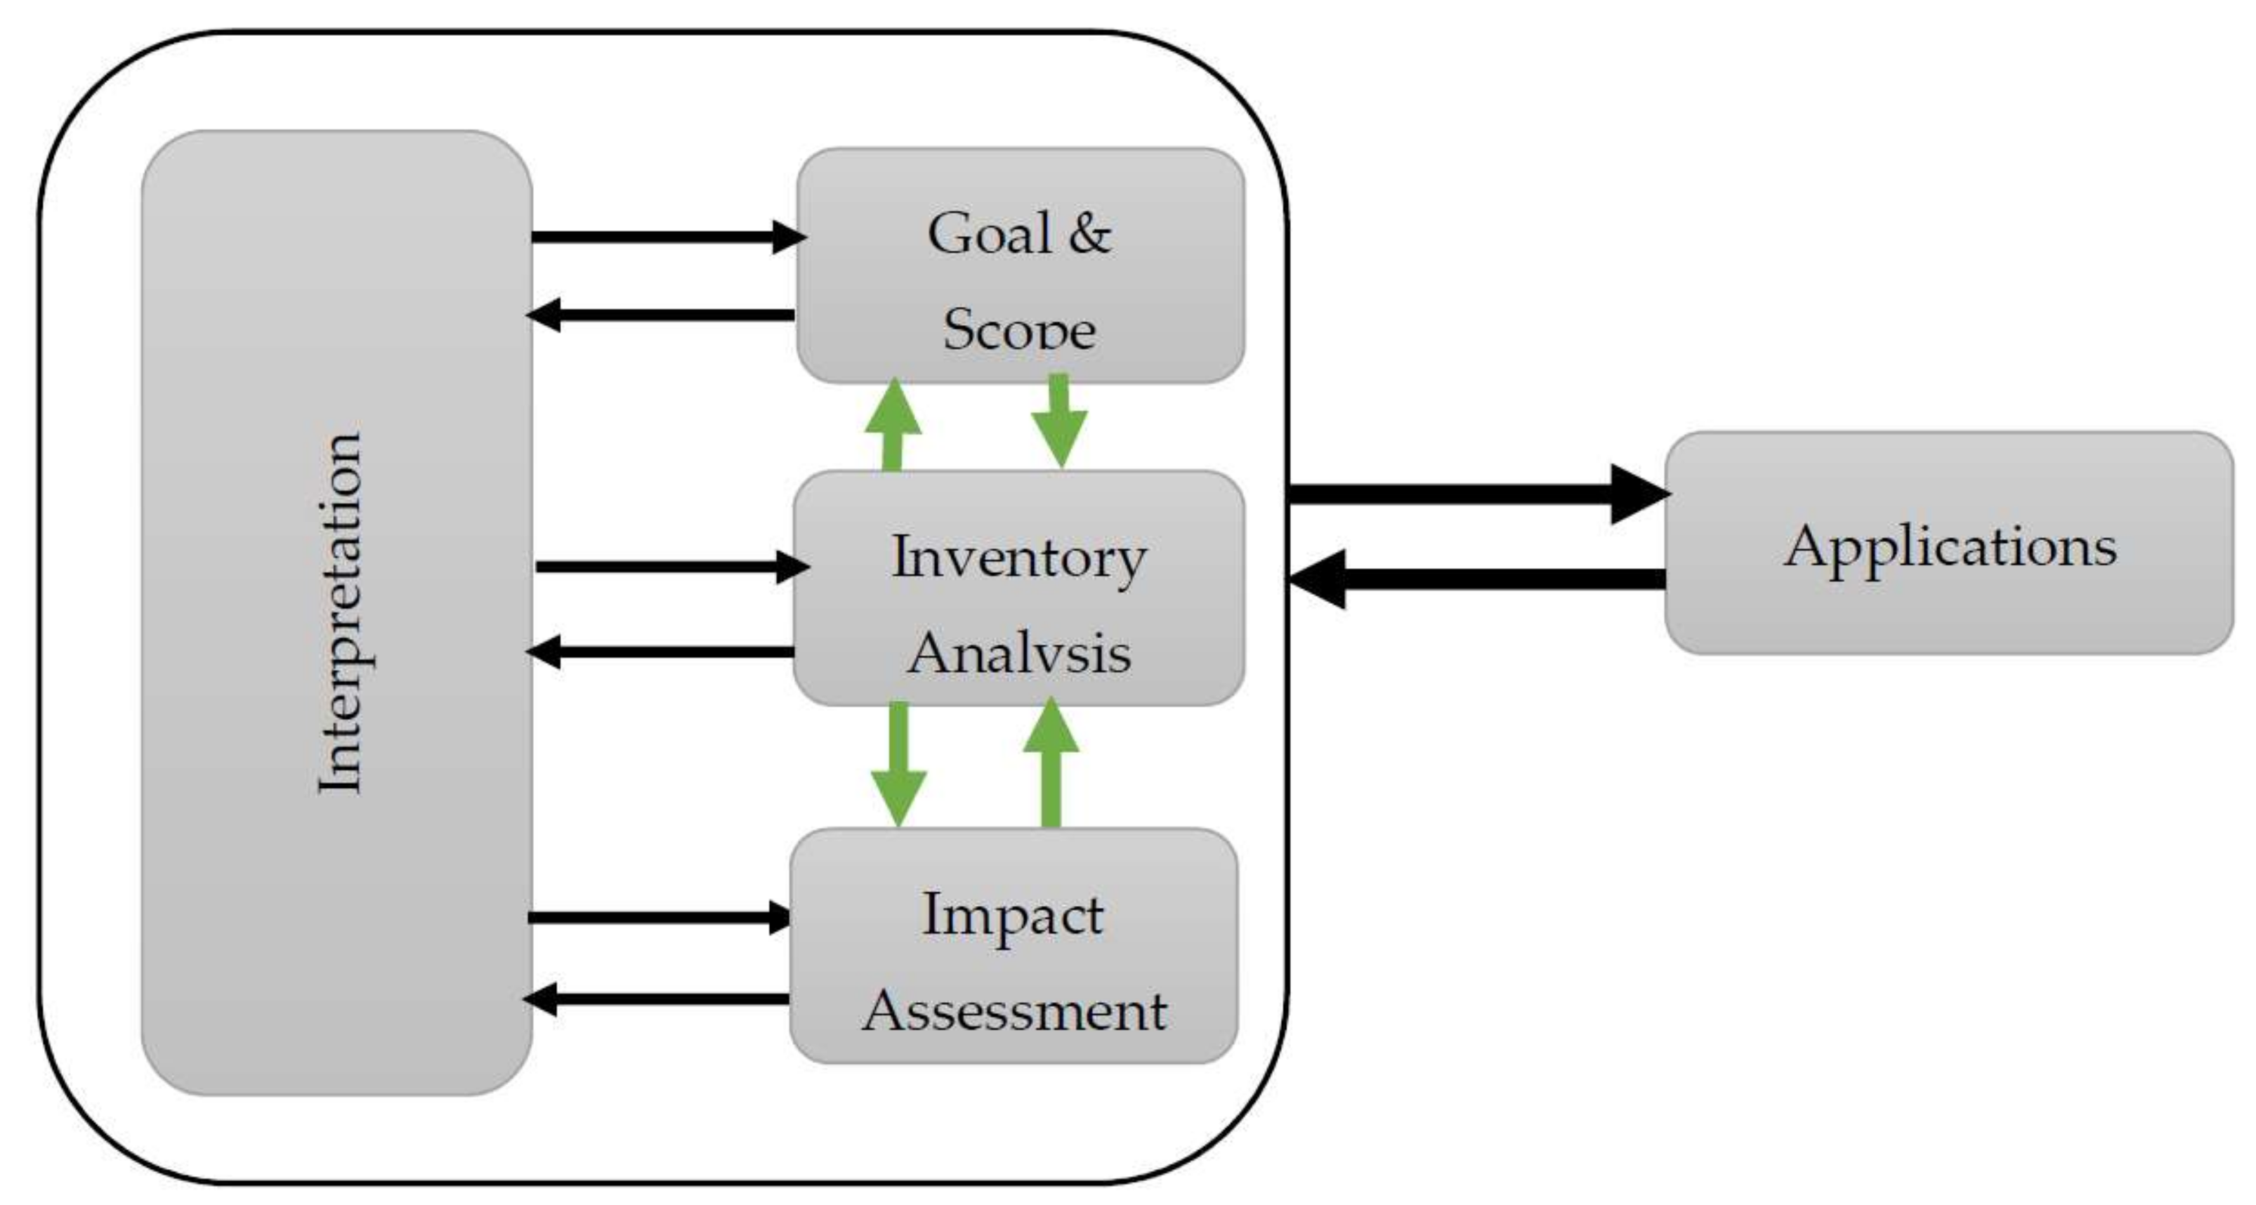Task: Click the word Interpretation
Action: point(340,613)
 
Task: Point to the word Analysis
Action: point(1018,653)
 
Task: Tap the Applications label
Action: point(1950,546)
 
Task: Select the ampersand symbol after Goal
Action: point(1089,235)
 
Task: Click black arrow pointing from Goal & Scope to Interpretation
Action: point(661,315)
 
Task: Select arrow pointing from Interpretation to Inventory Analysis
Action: point(671,567)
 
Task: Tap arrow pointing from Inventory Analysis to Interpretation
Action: point(661,652)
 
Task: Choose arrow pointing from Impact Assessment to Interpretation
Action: point(657,999)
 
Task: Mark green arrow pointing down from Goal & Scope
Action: point(1058,421)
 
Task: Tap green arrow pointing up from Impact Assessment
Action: point(1051,762)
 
